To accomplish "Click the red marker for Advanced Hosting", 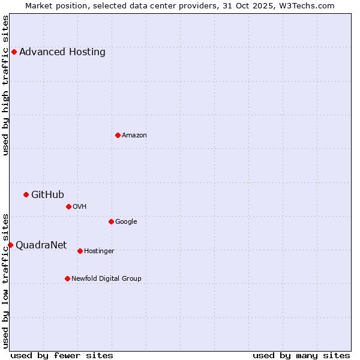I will pyautogui.click(x=14, y=52).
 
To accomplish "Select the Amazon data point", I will pyautogui.click(x=118, y=135).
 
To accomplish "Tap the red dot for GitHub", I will pyautogui.click(x=26, y=194).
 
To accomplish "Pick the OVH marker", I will pyautogui.click(x=68, y=206).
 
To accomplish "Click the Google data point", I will pyautogui.click(x=111, y=221).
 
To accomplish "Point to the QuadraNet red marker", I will pyautogui.click(x=10, y=245).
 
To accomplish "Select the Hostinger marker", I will pyautogui.click(x=80, y=251).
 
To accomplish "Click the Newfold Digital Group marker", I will pyautogui.click(x=67, y=278).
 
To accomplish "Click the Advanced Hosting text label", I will pyautogui.click(x=62, y=52).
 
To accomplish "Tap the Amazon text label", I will pyautogui.click(x=134, y=135).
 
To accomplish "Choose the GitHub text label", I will pyautogui.click(x=47, y=194).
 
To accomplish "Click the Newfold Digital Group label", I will pyautogui.click(x=106, y=278).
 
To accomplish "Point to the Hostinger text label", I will pyautogui.click(x=99, y=251).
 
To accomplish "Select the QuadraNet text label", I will pyautogui.click(x=41, y=245).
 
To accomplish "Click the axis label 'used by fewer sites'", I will pyautogui.click(x=62, y=355).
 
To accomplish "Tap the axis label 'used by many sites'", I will pyautogui.click(x=301, y=355).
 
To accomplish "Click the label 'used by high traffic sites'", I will pyautogui.click(x=5, y=85).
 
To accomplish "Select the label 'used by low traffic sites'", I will pyautogui.click(x=5, y=280).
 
